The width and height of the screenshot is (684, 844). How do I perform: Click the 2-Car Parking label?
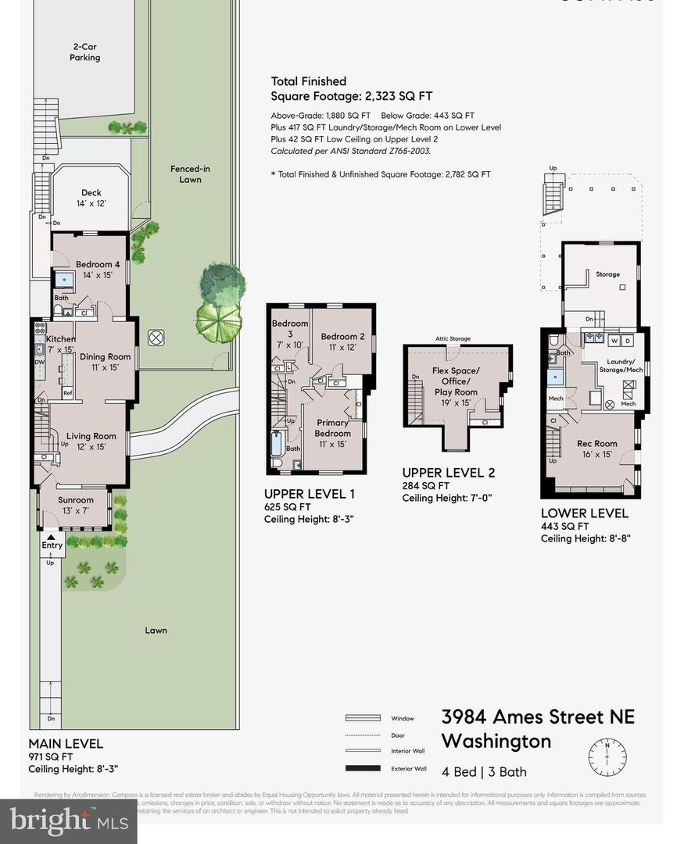point(84,52)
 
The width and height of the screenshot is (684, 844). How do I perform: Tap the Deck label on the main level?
point(92,198)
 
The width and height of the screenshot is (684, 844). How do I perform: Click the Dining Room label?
point(106,362)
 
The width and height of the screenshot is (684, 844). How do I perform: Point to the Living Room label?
point(91,442)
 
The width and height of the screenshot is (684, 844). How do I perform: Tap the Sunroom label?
point(76,505)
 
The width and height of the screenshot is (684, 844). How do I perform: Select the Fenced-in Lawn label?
point(190,173)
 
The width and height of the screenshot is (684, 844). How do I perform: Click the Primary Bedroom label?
point(332,433)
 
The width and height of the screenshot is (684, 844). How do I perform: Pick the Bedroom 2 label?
point(342,342)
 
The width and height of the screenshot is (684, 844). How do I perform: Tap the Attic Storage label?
point(453,338)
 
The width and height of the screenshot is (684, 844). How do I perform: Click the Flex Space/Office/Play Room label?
point(456,381)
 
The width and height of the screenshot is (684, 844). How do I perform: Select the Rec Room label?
point(597,449)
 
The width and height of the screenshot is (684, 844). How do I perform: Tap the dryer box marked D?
point(627,341)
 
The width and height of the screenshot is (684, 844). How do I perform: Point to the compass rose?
point(607,755)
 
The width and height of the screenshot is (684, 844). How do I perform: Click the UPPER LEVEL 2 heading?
point(448,473)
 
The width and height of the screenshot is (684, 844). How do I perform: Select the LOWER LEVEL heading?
point(584,513)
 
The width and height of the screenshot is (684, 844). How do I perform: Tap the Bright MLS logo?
point(68,820)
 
